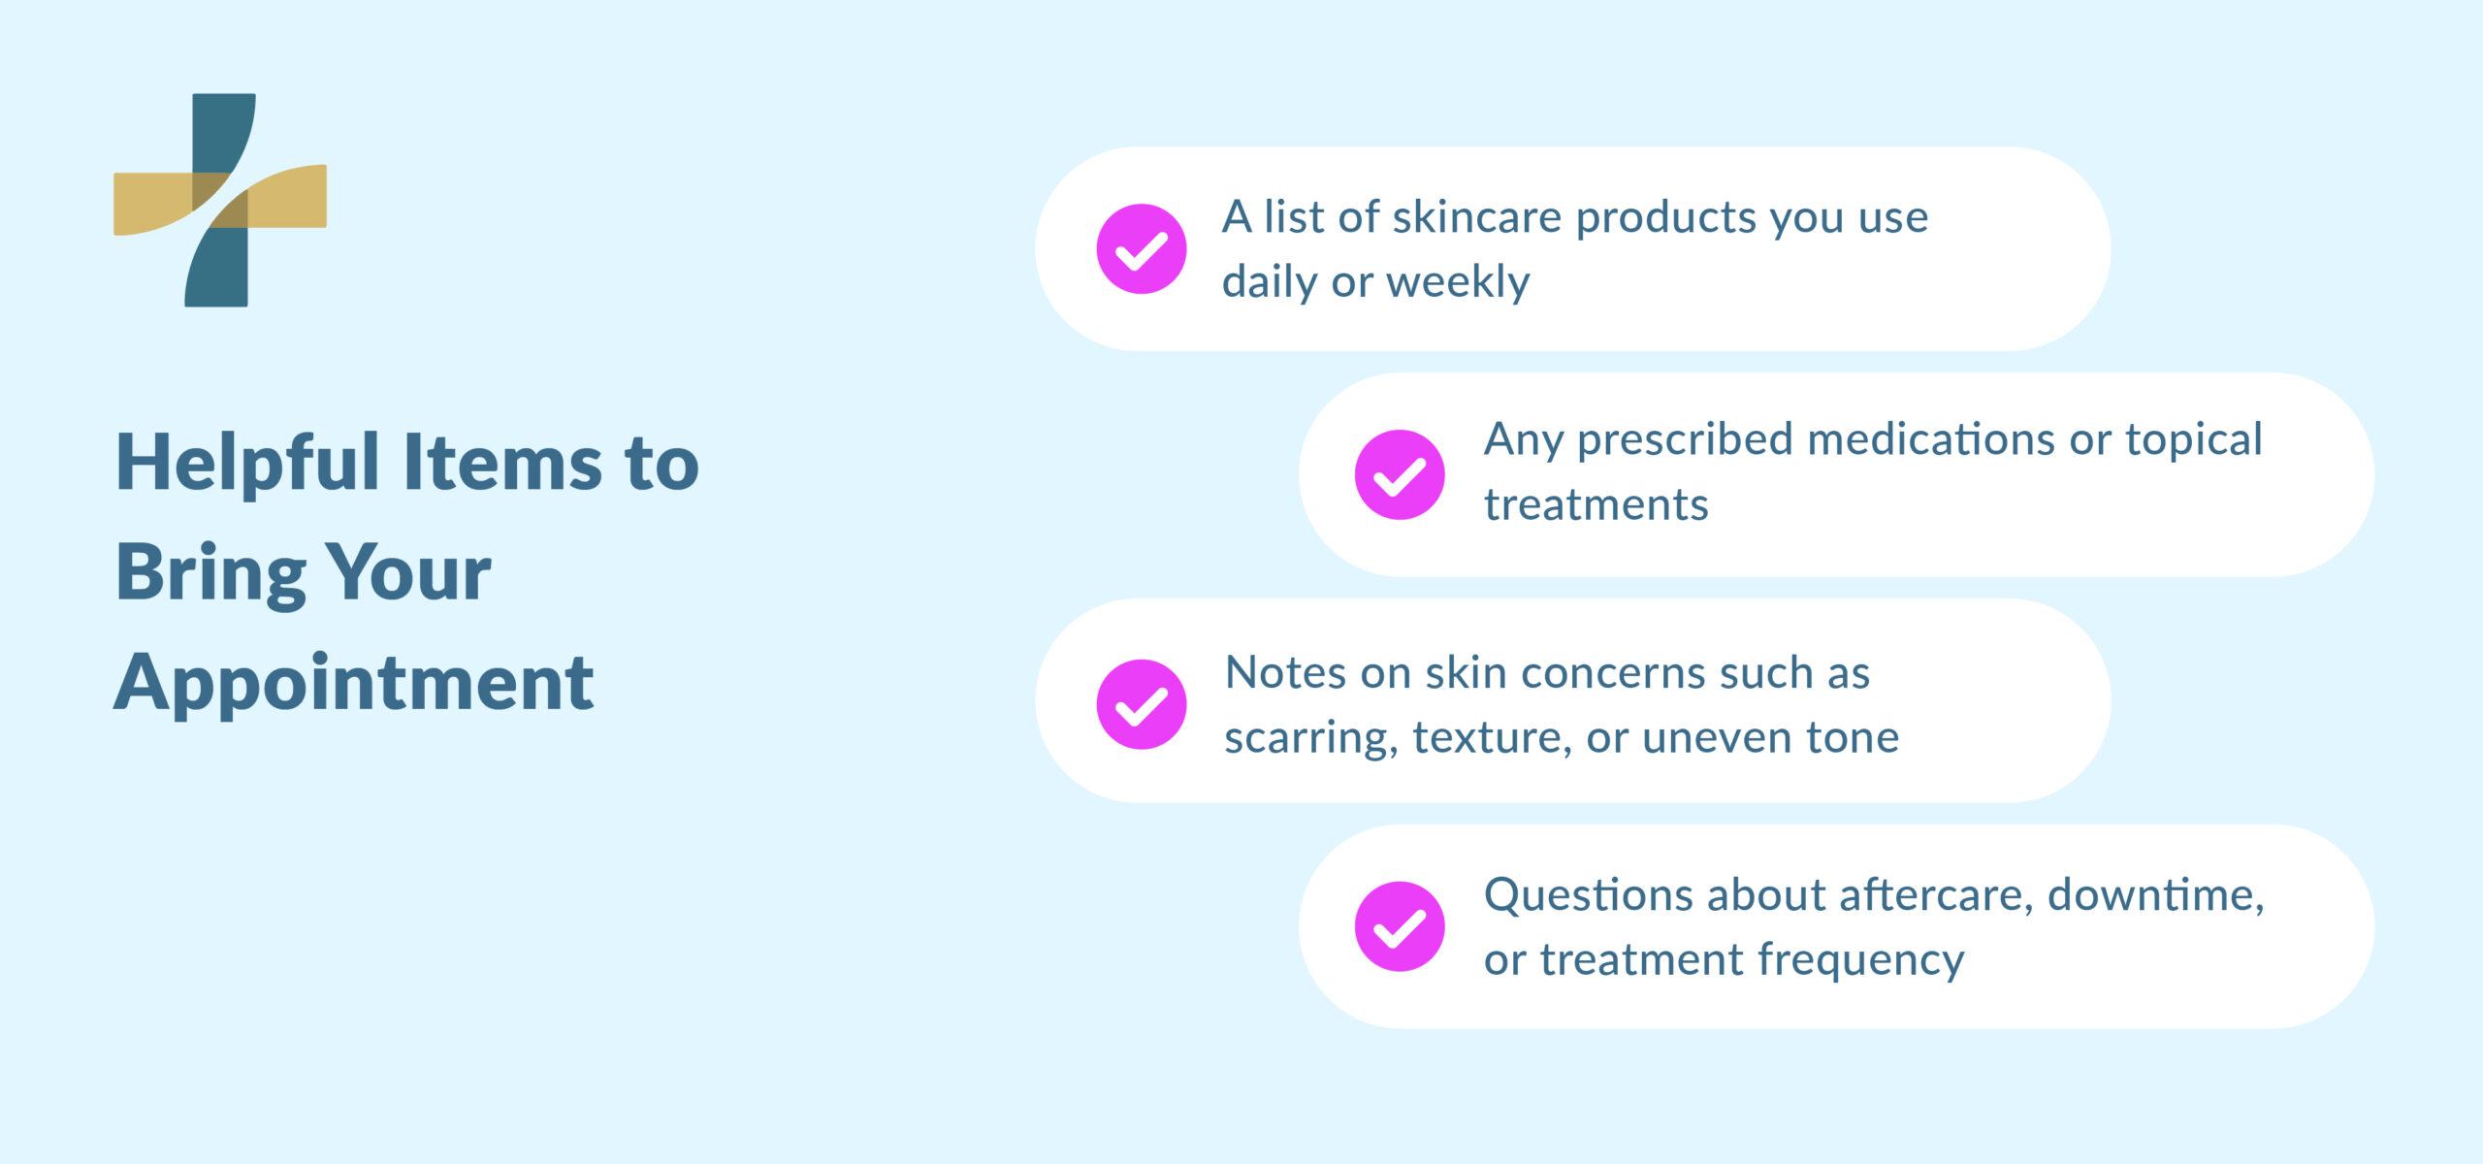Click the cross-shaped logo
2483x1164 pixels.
(x=220, y=200)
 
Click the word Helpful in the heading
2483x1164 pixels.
(x=247, y=464)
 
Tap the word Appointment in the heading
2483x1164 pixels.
(x=354, y=684)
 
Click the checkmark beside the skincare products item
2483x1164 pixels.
(x=1141, y=249)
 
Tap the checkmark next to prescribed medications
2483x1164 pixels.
(x=1399, y=475)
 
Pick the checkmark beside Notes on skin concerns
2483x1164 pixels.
(x=1141, y=705)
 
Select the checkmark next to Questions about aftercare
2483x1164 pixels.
(x=1399, y=927)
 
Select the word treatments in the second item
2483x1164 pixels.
(x=1596, y=505)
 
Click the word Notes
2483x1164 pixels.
(x=1285, y=673)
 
